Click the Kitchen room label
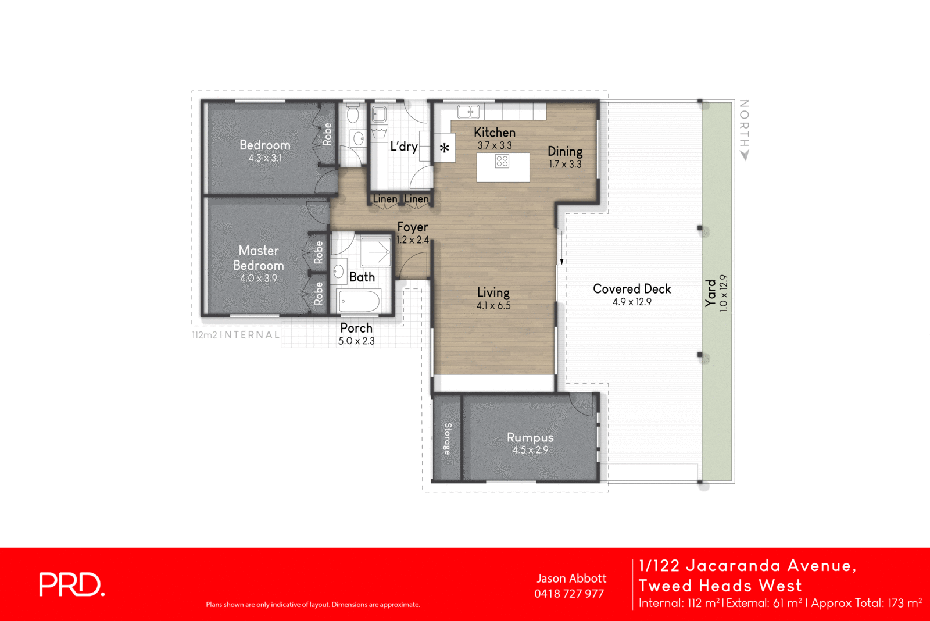(x=494, y=133)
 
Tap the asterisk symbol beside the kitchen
(x=445, y=148)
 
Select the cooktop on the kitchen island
(x=502, y=161)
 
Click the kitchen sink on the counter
(x=468, y=112)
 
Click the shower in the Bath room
(x=375, y=252)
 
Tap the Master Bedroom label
(x=259, y=258)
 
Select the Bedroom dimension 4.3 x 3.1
(x=265, y=158)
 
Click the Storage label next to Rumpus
(x=448, y=438)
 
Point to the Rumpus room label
(x=530, y=437)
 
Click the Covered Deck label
(x=632, y=289)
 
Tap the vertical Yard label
(x=710, y=293)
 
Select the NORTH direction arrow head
(x=745, y=155)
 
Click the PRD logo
(x=71, y=584)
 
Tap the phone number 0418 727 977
(x=569, y=594)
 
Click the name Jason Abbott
(x=571, y=579)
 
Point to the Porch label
(x=356, y=328)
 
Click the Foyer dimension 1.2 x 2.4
(x=413, y=240)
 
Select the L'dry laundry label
(x=403, y=147)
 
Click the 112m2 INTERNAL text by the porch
(x=236, y=335)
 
